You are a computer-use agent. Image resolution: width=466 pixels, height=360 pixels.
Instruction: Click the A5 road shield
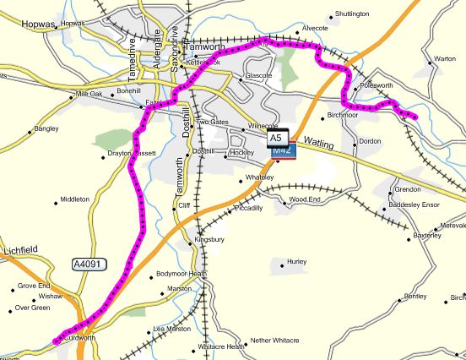click(x=277, y=136)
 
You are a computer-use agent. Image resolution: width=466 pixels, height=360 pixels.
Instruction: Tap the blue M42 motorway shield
click(x=282, y=150)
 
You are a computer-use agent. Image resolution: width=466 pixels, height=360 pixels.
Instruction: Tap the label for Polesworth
click(x=376, y=86)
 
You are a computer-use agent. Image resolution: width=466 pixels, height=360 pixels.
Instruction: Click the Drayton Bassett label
click(x=133, y=153)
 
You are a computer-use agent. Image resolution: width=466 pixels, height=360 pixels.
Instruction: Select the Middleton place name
click(x=74, y=199)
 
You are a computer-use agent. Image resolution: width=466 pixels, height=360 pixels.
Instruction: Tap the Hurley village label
click(x=296, y=262)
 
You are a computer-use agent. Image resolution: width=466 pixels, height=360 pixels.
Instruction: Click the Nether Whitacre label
click(x=274, y=340)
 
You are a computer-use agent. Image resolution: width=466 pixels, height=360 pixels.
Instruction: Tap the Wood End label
click(x=304, y=199)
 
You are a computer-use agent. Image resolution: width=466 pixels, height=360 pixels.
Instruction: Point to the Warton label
click(x=444, y=59)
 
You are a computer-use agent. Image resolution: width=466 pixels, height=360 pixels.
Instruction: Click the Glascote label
click(x=257, y=76)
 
